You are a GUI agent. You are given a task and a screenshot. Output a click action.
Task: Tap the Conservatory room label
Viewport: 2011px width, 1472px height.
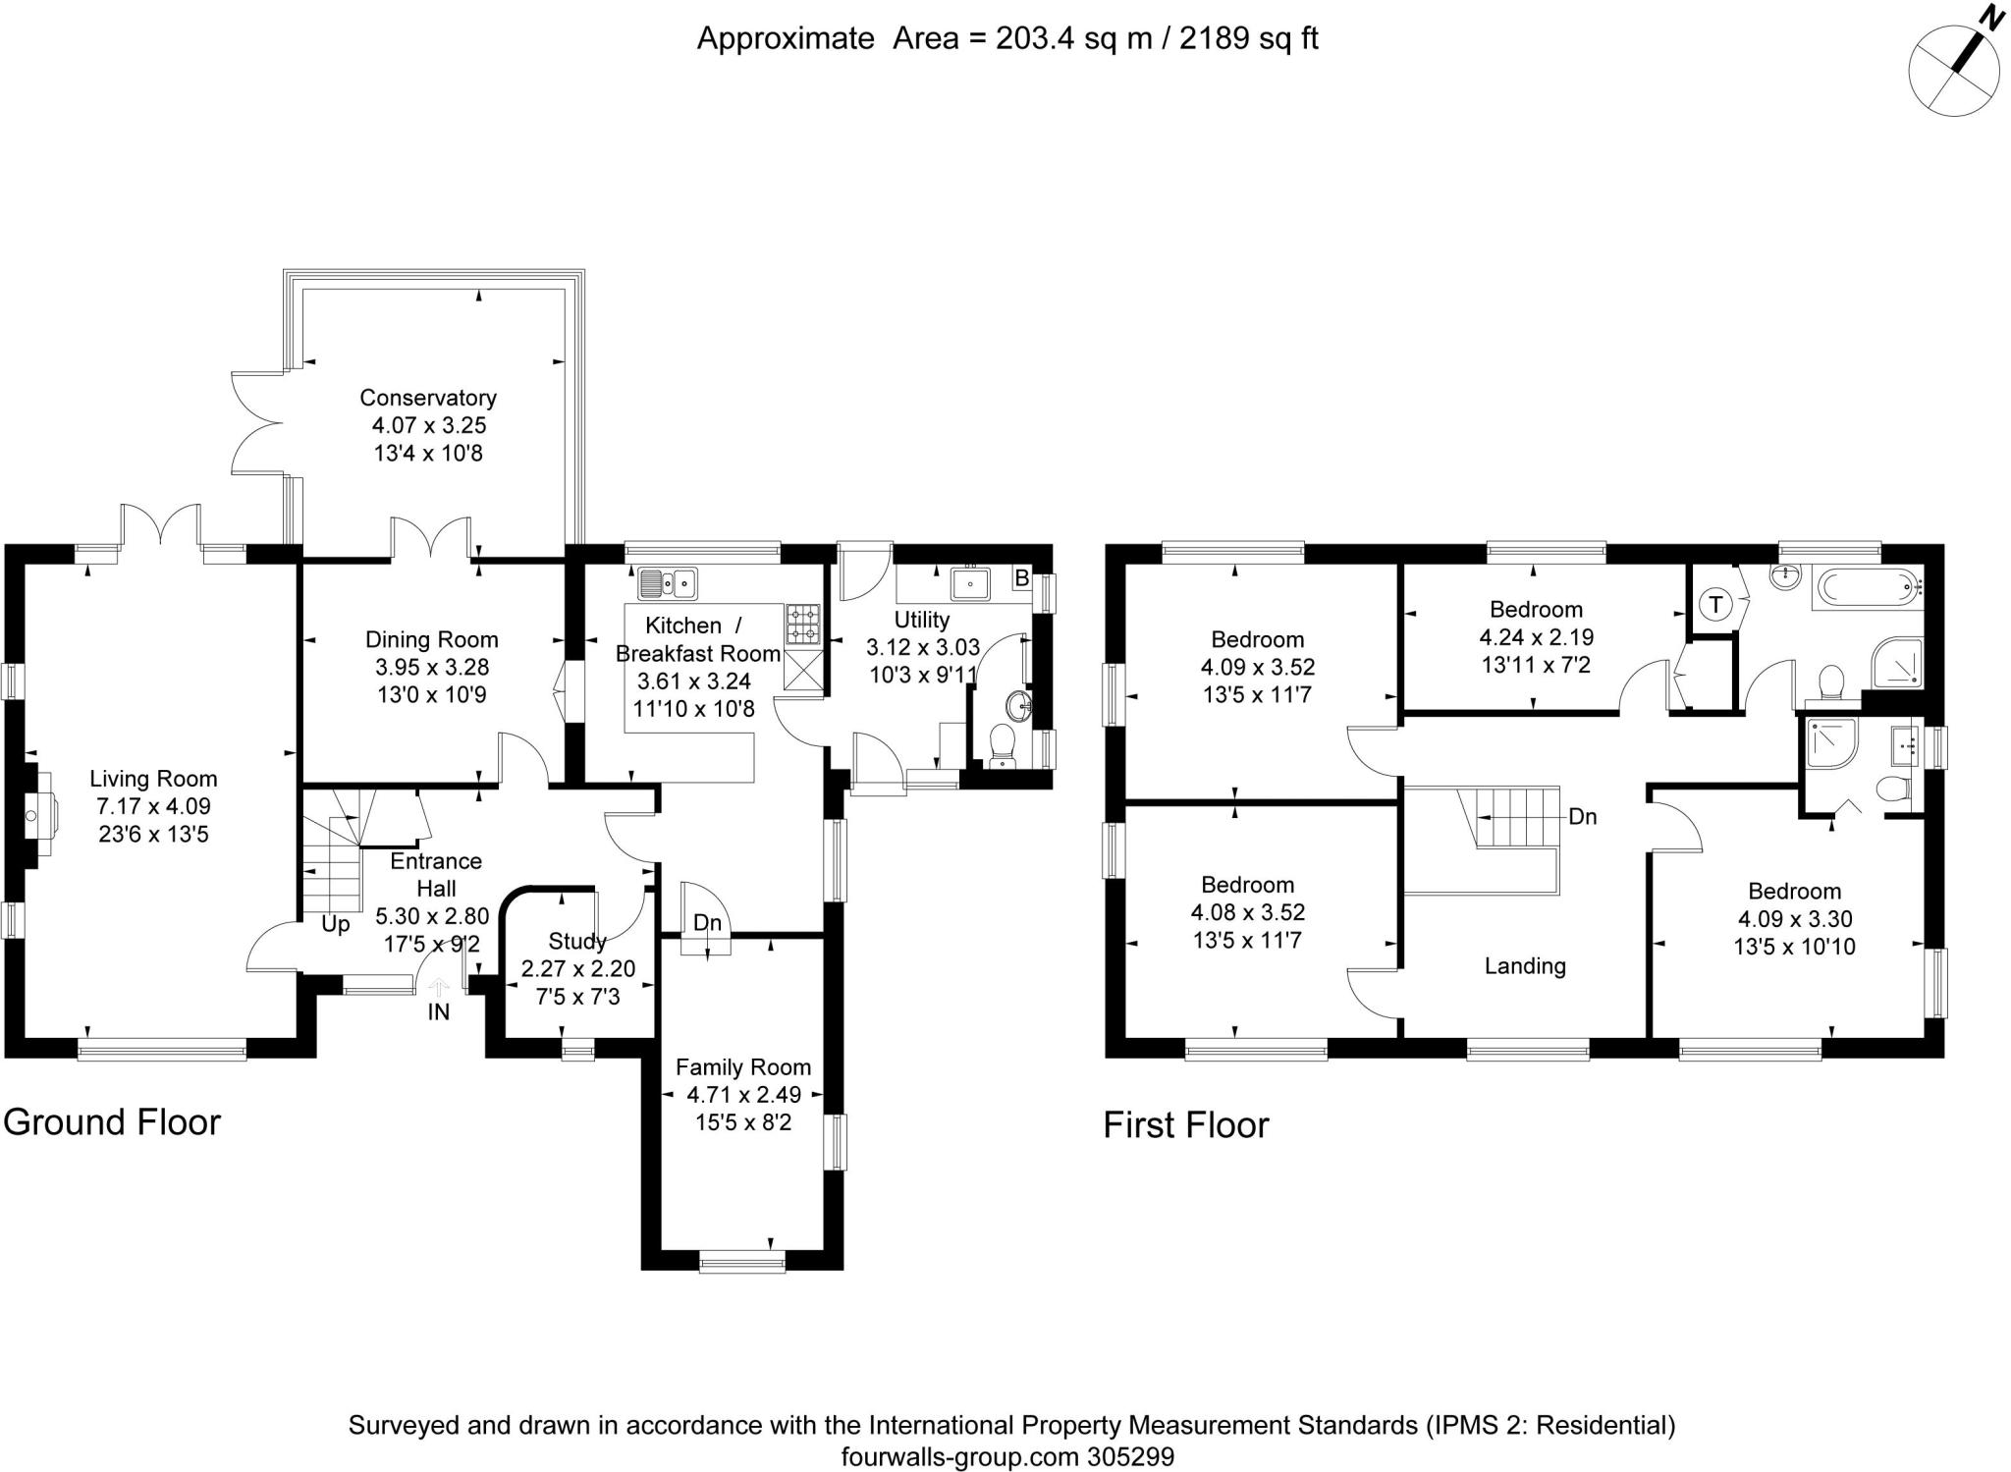click(428, 398)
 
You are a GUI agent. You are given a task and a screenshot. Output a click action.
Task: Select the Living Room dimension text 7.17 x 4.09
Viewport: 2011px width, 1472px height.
click(153, 807)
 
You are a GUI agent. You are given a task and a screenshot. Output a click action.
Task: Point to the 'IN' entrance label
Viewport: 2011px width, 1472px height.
click(438, 1011)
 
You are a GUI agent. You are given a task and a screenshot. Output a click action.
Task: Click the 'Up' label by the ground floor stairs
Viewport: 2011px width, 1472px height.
click(336, 925)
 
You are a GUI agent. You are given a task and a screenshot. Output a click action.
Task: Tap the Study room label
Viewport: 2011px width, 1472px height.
click(577, 942)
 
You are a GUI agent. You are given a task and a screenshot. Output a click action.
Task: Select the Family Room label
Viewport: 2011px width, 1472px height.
click(743, 1067)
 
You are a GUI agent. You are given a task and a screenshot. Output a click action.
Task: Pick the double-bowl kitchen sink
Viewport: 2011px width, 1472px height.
click(668, 583)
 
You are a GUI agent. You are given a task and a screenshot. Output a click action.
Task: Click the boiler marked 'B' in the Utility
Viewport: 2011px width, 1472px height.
click(1021, 578)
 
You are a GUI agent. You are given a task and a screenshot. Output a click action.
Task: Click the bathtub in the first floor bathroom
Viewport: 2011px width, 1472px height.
click(1867, 588)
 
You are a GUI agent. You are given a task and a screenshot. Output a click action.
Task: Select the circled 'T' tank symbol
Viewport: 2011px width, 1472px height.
click(1715, 604)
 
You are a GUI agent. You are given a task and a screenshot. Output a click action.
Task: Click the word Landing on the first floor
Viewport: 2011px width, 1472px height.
click(1525, 966)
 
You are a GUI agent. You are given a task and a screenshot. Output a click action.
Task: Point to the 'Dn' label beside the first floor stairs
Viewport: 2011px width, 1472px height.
click(1583, 816)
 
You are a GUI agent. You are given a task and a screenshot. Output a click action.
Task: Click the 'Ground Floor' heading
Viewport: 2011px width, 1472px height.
click(112, 1121)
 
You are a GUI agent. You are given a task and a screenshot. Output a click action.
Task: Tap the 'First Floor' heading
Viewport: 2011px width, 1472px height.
click(1186, 1125)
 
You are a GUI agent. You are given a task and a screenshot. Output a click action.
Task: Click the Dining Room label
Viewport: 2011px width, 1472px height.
click(432, 639)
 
